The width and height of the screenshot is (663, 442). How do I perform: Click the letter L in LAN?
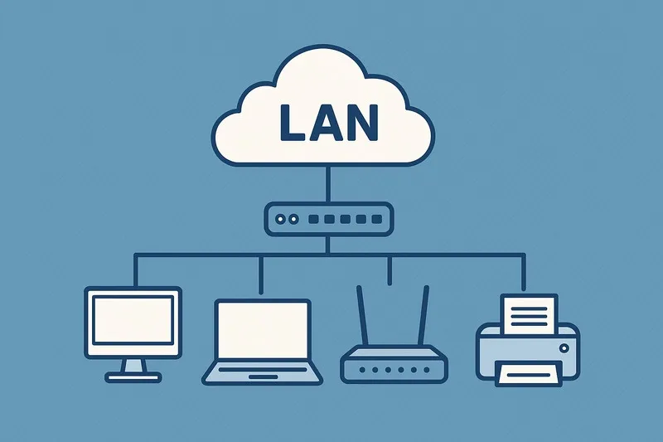(291, 123)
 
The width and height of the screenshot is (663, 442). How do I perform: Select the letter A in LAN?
(325, 123)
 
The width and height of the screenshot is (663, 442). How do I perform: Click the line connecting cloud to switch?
(327, 184)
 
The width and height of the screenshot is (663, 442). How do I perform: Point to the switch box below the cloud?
(329, 219)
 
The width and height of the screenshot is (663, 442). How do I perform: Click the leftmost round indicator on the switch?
(280, 219)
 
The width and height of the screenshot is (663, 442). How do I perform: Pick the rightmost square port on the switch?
(377, 219)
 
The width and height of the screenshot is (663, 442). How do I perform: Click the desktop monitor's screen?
(133, 320)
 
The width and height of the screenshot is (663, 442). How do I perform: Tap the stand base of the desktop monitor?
(133, 376)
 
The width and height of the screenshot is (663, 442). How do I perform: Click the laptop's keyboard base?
(262, 373)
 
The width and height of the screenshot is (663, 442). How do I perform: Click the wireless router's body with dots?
(394, 365)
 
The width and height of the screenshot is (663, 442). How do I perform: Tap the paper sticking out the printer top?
(529, 313)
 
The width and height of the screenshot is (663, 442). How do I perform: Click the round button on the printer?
(564, 348)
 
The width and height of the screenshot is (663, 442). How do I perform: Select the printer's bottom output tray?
(529, 373)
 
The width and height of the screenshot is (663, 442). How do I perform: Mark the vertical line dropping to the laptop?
(261, 275)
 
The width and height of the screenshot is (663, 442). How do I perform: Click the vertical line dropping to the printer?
(524, 273)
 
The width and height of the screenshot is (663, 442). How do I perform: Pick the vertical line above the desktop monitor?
(136, 270)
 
